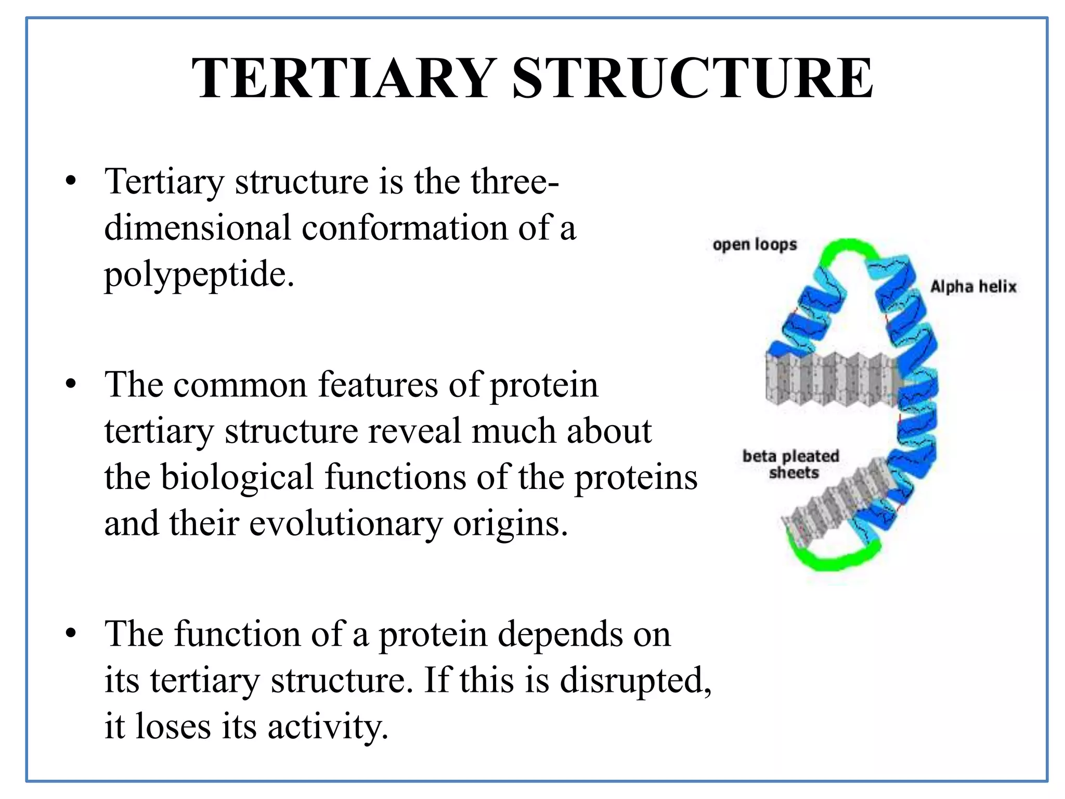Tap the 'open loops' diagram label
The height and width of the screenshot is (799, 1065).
pos(755,244)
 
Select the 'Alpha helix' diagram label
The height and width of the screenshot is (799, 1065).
pos(973,286)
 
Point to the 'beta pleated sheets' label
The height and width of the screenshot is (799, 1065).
pos(791,464)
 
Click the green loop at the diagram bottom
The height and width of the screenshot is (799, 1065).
pos(832,559)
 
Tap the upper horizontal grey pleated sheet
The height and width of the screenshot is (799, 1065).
pos(832,378)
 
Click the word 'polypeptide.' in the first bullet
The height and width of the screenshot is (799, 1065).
pos(199,275)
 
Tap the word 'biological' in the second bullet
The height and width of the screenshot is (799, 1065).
pos(237,477)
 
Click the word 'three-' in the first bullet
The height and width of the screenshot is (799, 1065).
pos(514,182)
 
